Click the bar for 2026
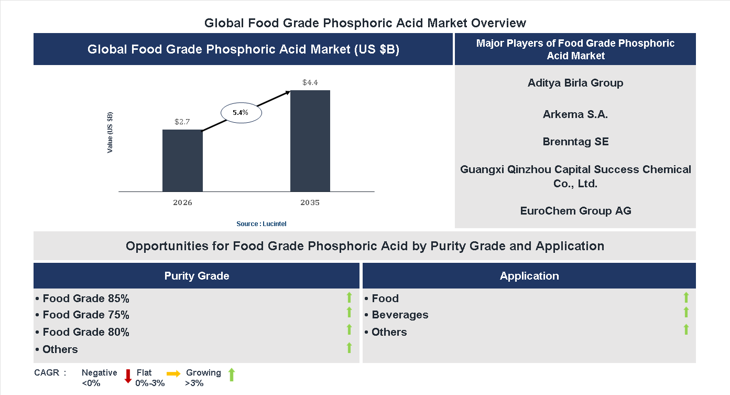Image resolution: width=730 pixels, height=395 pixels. tap(182, 161)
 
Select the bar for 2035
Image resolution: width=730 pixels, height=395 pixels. tap(310, 141)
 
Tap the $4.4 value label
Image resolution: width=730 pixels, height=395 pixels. tap(310, 83)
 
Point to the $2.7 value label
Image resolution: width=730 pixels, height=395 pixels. tap(182, 122)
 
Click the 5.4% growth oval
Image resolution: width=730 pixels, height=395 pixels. tap(241, 112)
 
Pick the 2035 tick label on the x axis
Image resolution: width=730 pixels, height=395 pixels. tap(310, 202)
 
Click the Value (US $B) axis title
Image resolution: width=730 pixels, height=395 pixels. tap(110, 132)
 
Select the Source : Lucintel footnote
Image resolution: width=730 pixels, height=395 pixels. tap(261, 224)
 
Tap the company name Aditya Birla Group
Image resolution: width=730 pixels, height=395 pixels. tap(575, 83)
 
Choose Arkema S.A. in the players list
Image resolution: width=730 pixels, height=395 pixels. tap(575, 114)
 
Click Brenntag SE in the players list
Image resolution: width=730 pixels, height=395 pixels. tap(575, 142)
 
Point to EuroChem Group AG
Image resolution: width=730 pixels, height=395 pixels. tap(575, 211)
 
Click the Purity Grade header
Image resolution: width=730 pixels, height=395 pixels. tap(197, 276)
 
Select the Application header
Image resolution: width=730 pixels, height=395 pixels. tap(529, 276)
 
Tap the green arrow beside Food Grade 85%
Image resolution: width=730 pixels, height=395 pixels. tap(349, 298)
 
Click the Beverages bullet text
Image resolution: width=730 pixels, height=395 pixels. tap(399, 315)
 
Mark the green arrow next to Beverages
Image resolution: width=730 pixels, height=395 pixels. tap(686, 313)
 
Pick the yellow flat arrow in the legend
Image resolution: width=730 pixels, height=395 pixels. tap(173, 373)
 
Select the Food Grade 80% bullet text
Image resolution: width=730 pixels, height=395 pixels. tap(85, 332)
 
